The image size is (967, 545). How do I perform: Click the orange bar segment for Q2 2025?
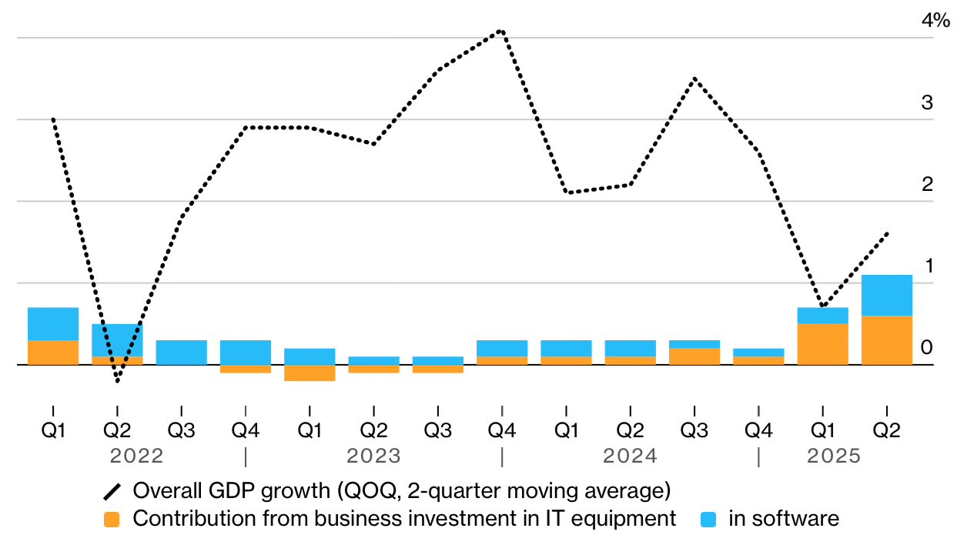point(886,340)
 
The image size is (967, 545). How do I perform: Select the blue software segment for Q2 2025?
point(886,296)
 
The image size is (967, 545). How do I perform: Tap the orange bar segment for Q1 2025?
point(822,344)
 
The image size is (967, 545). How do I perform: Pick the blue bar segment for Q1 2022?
point(53,324)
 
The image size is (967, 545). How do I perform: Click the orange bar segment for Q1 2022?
point(53,353)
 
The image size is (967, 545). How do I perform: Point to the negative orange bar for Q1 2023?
point(310,373)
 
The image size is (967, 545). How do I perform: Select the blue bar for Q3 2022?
point(181,353)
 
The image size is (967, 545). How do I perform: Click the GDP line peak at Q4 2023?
point(502,31)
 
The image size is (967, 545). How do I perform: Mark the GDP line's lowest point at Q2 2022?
point(117,381)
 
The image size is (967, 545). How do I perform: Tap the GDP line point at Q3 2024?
point(694,79)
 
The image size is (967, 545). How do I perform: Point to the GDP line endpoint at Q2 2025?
point(887,233)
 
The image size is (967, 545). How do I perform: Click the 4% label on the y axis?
point(935,21)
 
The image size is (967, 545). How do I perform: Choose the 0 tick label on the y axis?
point(927,348)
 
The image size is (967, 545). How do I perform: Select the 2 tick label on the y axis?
point(927,185)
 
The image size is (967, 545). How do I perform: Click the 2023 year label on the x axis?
point(373,456)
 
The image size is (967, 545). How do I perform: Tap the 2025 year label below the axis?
point(833,456)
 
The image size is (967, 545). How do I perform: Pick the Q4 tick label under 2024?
point(758,430)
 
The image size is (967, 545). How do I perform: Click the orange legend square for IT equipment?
point(112,520)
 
